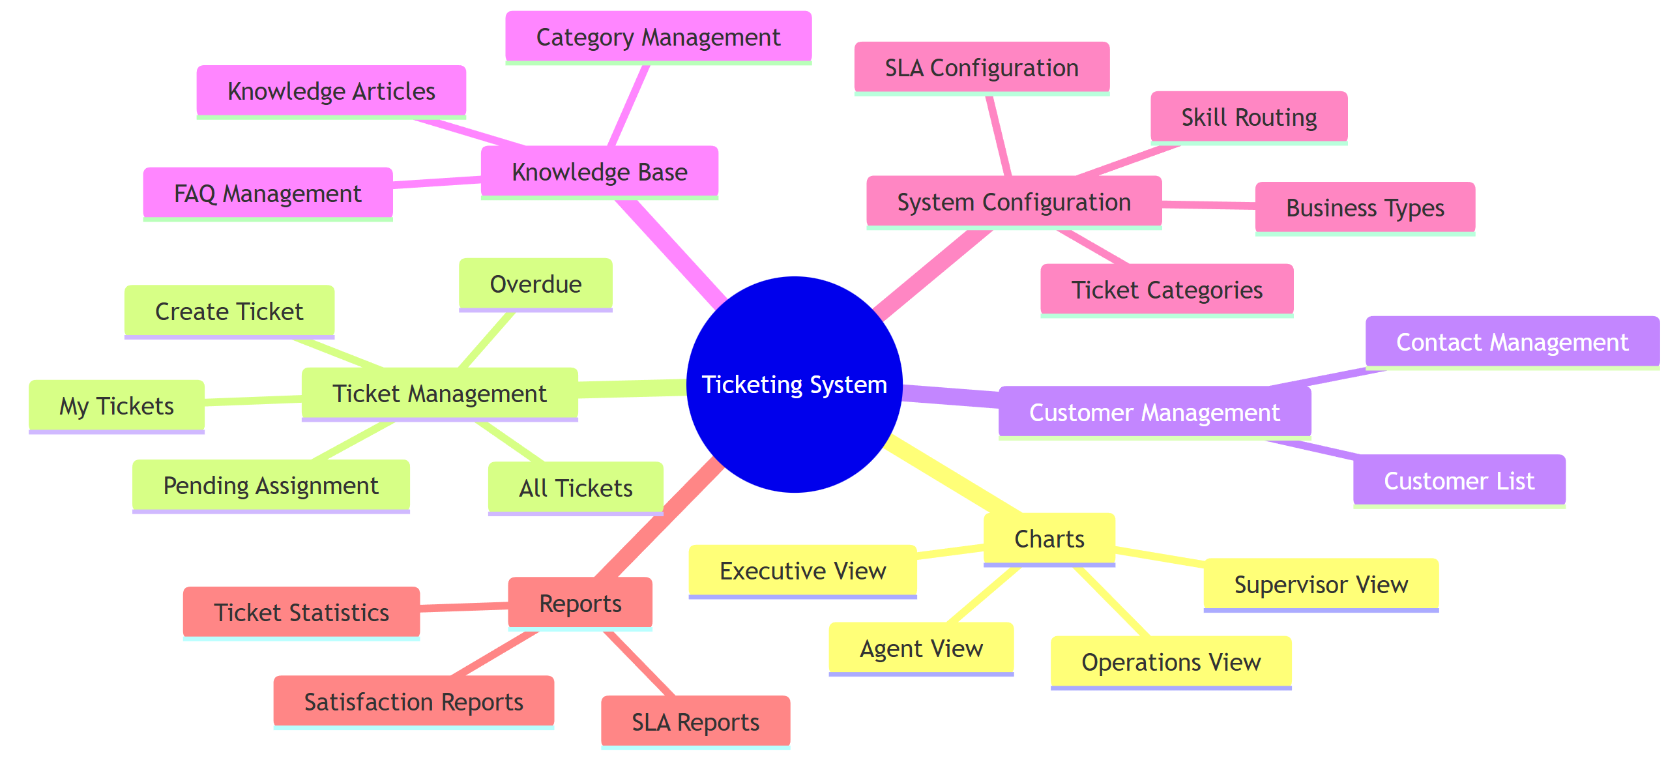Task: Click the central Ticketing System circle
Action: coord(794,384)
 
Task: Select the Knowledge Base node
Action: coord(599,171)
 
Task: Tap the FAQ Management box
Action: coord(267,193)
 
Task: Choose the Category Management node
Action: coord(658,37)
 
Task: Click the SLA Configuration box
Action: coord(981,68)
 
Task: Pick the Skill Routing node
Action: coord(1248,117)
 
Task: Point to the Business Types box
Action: coord(1364,208)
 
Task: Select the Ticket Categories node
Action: coord(1167,289)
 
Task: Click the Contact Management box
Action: coord(1512,342)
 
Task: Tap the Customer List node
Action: coord(1459,480)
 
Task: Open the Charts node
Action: coord(1049,538)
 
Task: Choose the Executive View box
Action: coord(802,570)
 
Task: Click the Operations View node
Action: coord(1171,662)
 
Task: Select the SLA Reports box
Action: coord(695,722)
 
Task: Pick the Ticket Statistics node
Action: coord(301,612)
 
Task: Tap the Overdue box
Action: coord(535,284)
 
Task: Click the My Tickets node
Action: coord(116,405)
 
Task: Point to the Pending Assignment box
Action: coord(271,486)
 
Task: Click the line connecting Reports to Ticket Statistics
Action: coord(463,607)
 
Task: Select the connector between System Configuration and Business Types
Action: coord(1208,205)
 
